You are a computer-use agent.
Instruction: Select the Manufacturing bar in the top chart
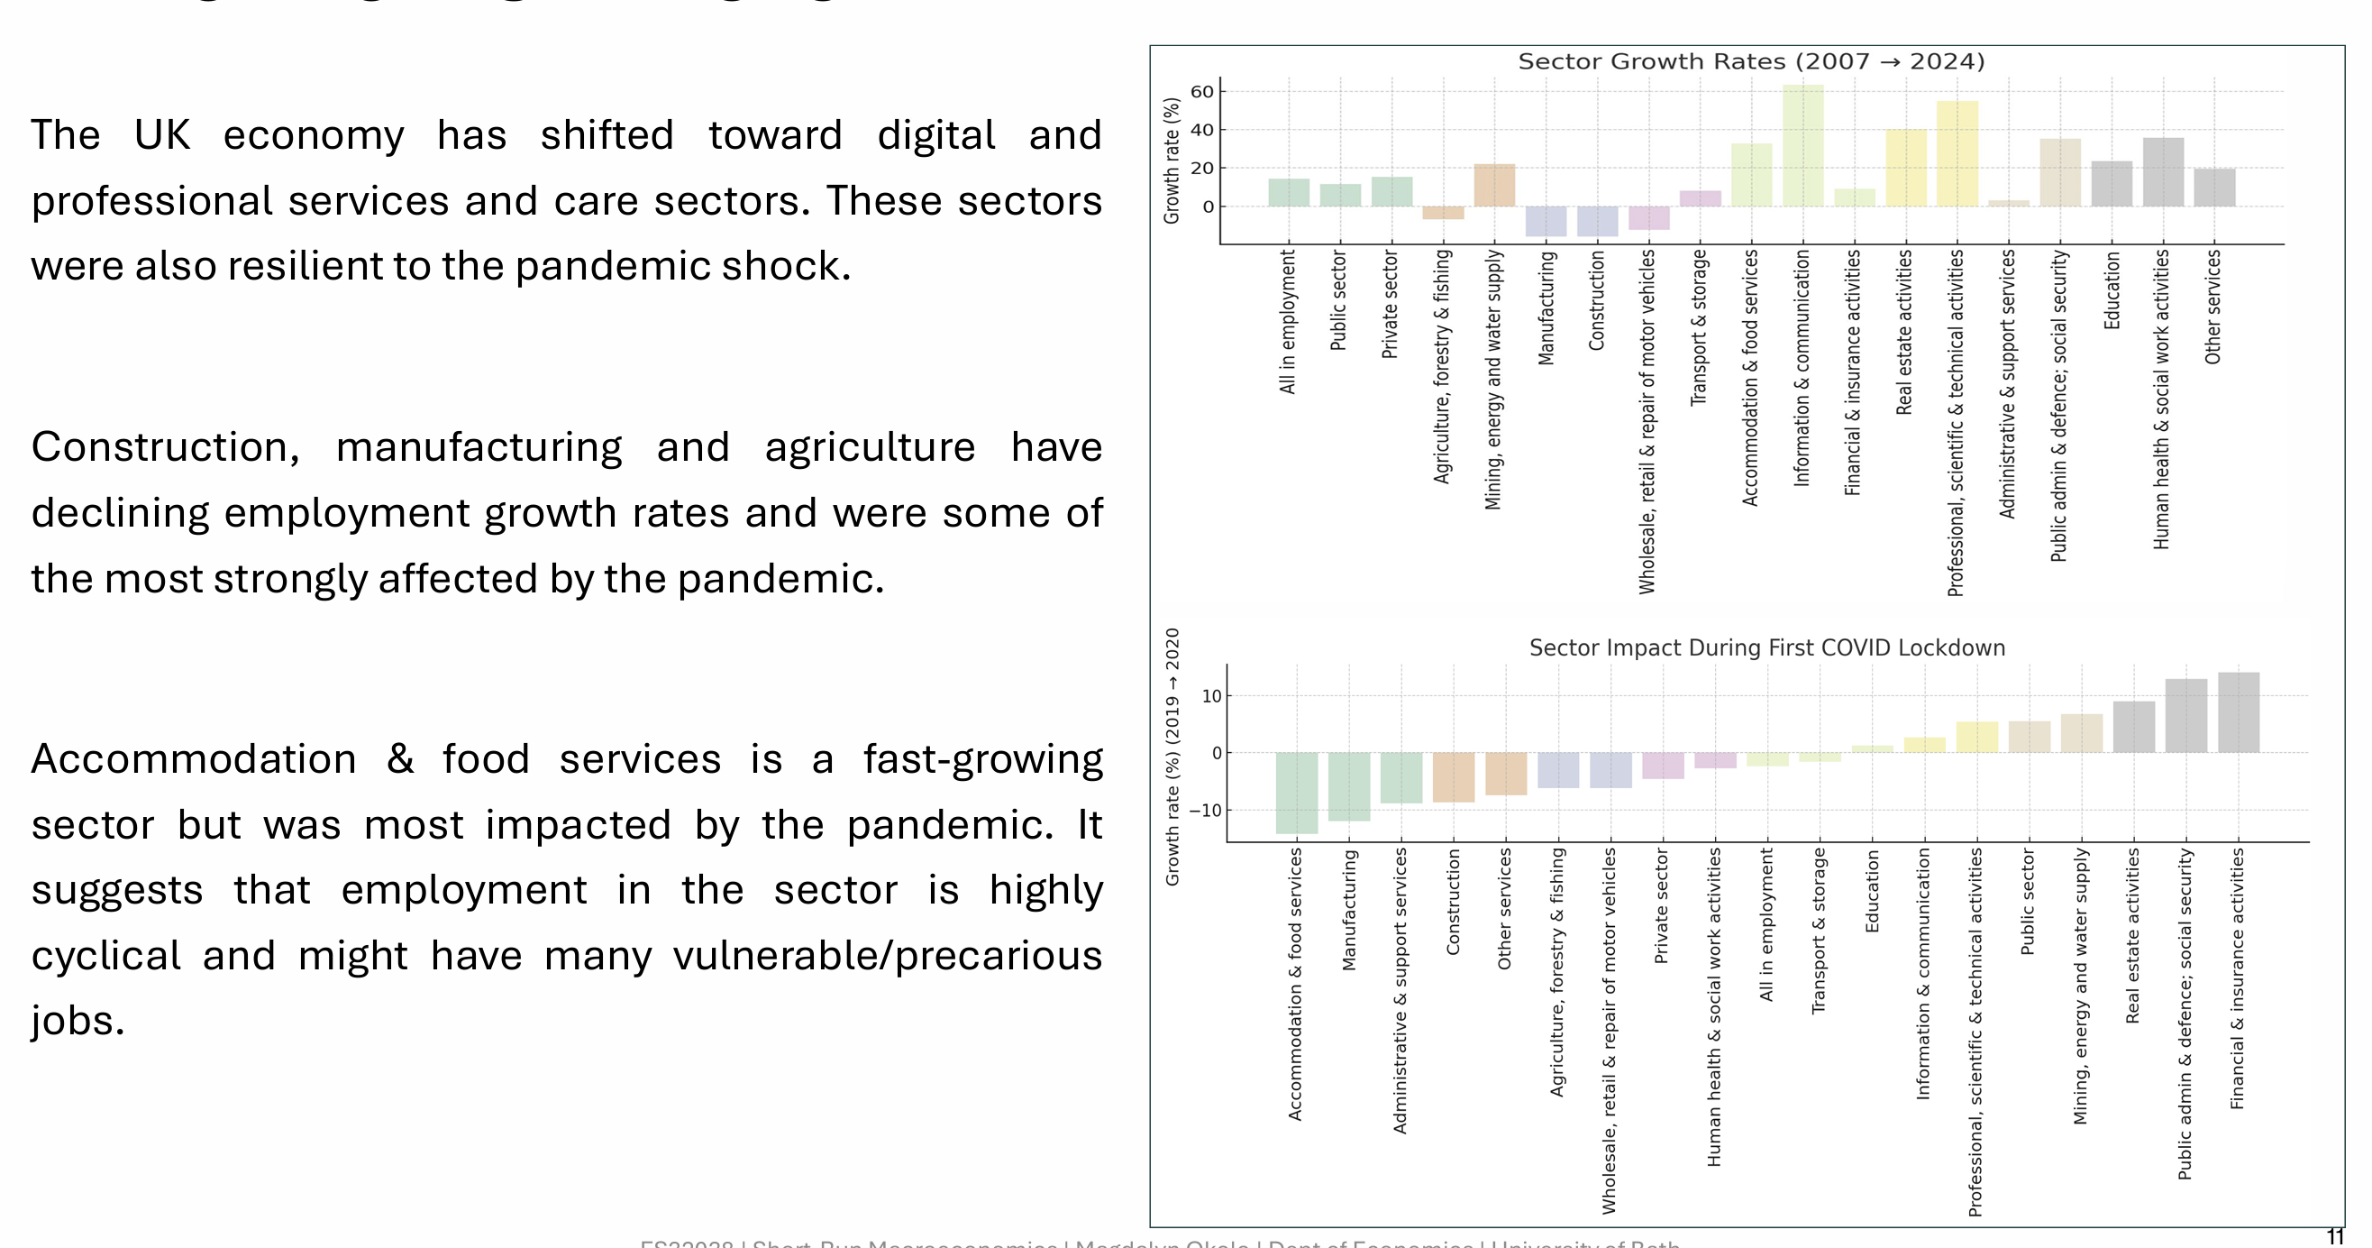[x=1545, y=221]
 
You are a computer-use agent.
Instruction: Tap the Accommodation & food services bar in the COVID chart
[x=1296, y=792]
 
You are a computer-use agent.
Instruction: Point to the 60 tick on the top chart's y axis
[x=1201, y=91]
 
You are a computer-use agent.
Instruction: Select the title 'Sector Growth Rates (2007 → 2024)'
[x=1750, y=61]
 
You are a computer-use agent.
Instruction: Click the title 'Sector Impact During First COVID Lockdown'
[x=1766, y=647]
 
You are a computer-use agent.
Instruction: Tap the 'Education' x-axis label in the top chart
[x=2112, y=289]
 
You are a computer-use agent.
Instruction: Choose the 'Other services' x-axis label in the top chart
[x=2212, y=306]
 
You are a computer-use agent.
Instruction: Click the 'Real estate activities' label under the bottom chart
[x=2131, y=935]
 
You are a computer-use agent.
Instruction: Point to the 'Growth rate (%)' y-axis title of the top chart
[x=1172, y=161]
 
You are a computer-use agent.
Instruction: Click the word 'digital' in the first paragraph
[x=935, y=135]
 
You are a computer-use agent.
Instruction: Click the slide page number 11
[x=2334, y=1236]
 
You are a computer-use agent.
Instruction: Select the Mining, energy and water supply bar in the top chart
[x=1493, y=185]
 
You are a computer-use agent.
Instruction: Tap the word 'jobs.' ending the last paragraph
[x=78, y=1022]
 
